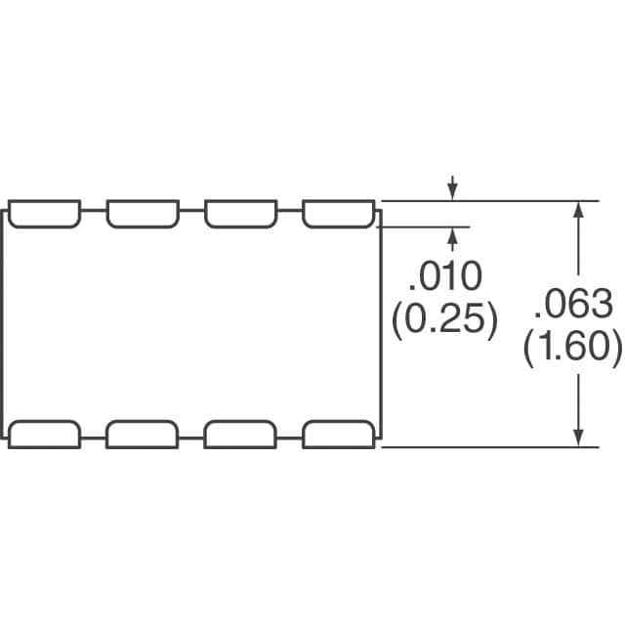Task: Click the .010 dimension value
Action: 445,275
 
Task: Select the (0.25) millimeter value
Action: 445,320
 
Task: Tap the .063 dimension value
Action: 573,304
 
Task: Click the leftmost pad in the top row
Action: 44,214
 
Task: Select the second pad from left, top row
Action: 143,214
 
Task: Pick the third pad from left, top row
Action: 241,214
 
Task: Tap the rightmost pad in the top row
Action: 339,214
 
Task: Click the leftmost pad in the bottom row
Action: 44,435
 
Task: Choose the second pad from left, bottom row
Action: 143,435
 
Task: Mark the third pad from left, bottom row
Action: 240,435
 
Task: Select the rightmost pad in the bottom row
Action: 339,435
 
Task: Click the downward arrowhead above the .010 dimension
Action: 452,191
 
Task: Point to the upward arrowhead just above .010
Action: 452,235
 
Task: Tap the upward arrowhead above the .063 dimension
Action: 578,209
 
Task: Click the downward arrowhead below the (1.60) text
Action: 578,438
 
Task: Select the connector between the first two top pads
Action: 94,210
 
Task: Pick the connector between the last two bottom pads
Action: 290,438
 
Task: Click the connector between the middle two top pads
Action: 191,210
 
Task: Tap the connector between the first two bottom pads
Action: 94,438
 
